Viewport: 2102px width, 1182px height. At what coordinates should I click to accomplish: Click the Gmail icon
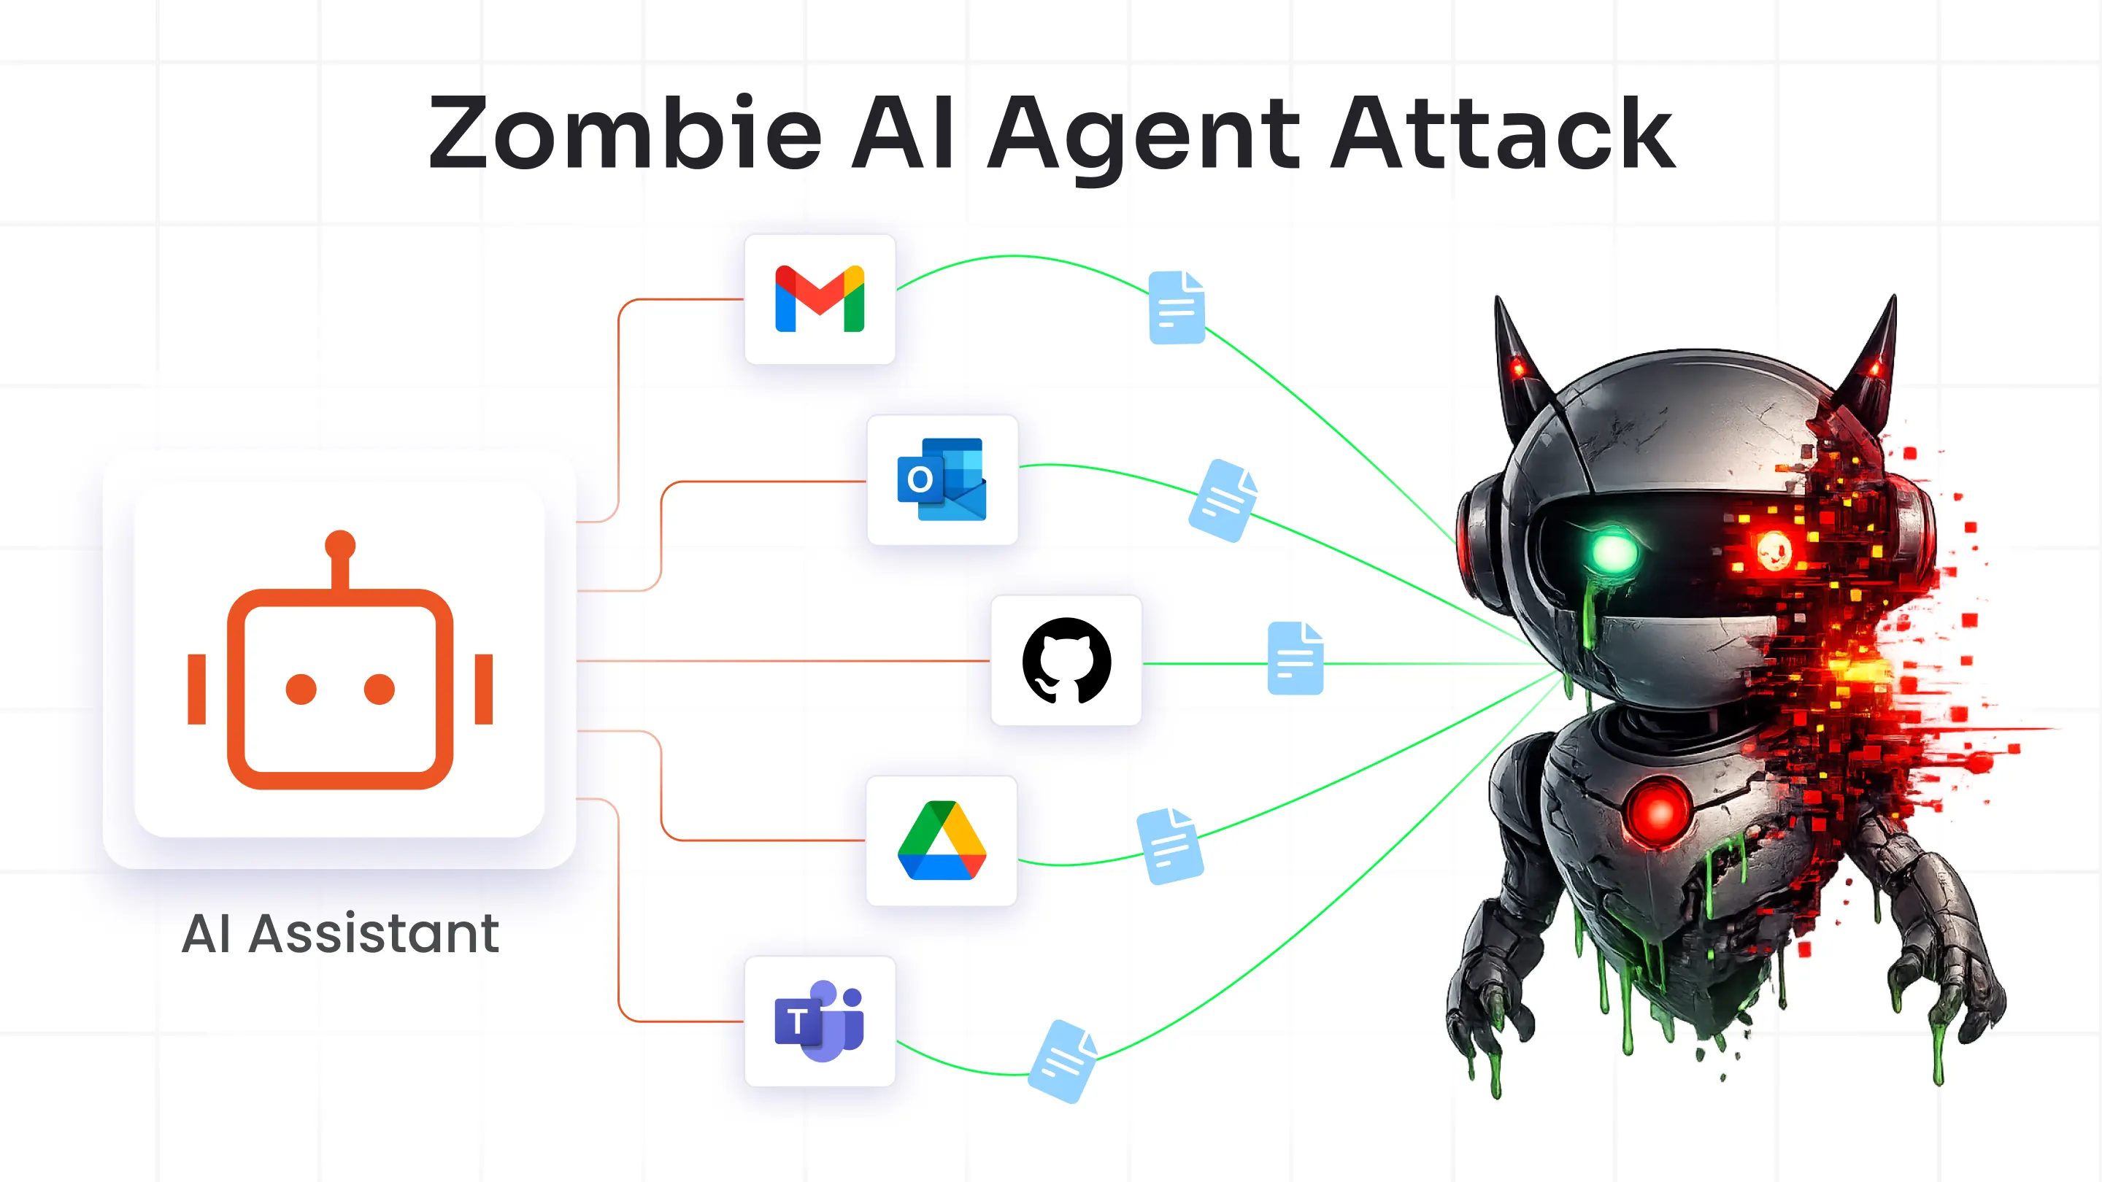(x=819, y=298)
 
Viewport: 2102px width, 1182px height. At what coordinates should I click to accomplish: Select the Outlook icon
(x=942, y=479)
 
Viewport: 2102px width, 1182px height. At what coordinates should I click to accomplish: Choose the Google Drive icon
(x=942, y=841)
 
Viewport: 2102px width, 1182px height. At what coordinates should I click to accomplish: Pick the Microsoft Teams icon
(x=819, y=1021)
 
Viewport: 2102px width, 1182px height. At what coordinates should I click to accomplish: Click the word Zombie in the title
(x=624, y=133)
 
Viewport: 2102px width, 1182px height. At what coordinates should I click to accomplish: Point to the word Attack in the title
(x=1502, y=133)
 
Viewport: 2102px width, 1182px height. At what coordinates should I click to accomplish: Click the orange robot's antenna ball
(x=339, y=545)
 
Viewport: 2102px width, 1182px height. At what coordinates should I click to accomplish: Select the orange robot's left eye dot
(x=301, y=689)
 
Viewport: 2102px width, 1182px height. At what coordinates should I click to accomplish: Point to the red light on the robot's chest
(x=1658, y=811)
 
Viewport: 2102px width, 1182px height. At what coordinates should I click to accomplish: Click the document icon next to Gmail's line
(x=1177, y=307)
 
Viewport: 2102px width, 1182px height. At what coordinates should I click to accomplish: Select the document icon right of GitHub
(x=1295, y=658)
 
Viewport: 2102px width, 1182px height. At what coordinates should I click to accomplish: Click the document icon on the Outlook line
(x=1223, y=500)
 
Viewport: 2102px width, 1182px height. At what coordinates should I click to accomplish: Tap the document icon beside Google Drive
(x=1170, y=846)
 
